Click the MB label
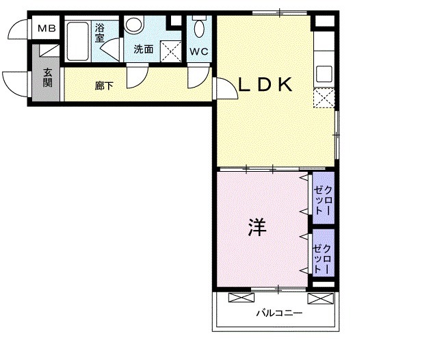coord(47,29)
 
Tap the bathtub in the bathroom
coord(77,42)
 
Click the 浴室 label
coord(100,32)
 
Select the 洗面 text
coord(143,49)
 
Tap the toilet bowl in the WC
coord(200,29)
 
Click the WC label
coord(199,51)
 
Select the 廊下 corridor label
coord(104,86)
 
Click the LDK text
coord(265,85)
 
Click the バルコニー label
coord(275,314)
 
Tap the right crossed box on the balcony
coord(318,298)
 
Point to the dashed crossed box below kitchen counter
coord(324,99)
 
